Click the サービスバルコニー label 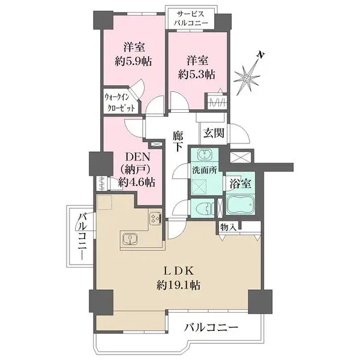(191, 19)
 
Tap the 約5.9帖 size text (133, 62)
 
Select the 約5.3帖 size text (197, 74)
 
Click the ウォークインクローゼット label (119, 103)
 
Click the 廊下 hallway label (178, 141)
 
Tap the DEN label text (137, 157)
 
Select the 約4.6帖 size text (137, 182)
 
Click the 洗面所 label (205, 170)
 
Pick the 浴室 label (241, 184)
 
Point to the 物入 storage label (228, 227)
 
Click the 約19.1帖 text (178, 286)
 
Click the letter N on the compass (261, 55)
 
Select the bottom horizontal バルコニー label (211, 327)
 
